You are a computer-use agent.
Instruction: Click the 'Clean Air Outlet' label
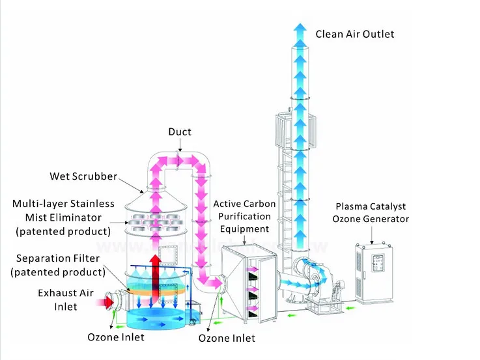[x=355, y=34]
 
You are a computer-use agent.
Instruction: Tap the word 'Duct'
[x=180, y=132]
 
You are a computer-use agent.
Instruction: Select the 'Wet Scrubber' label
[x=83, y=176]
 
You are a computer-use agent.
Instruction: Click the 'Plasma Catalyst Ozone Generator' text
[x=371, y=213]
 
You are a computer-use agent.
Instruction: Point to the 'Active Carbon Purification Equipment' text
[x=244, y=216]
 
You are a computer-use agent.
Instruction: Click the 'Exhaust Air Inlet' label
[x=66, y=299]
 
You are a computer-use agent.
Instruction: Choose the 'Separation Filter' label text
[x=58, y=258]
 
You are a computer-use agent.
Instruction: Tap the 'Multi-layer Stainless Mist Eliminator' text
[x=63, y=211]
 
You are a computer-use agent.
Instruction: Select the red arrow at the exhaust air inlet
[x=106, y=303]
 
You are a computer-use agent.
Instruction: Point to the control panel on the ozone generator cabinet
[x=378, y=264]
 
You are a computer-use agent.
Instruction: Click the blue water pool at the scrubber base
[x=156, y=318]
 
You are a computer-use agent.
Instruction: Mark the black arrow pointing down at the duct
[x=180, y=145]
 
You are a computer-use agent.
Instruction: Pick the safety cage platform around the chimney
[x=296, y=131]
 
